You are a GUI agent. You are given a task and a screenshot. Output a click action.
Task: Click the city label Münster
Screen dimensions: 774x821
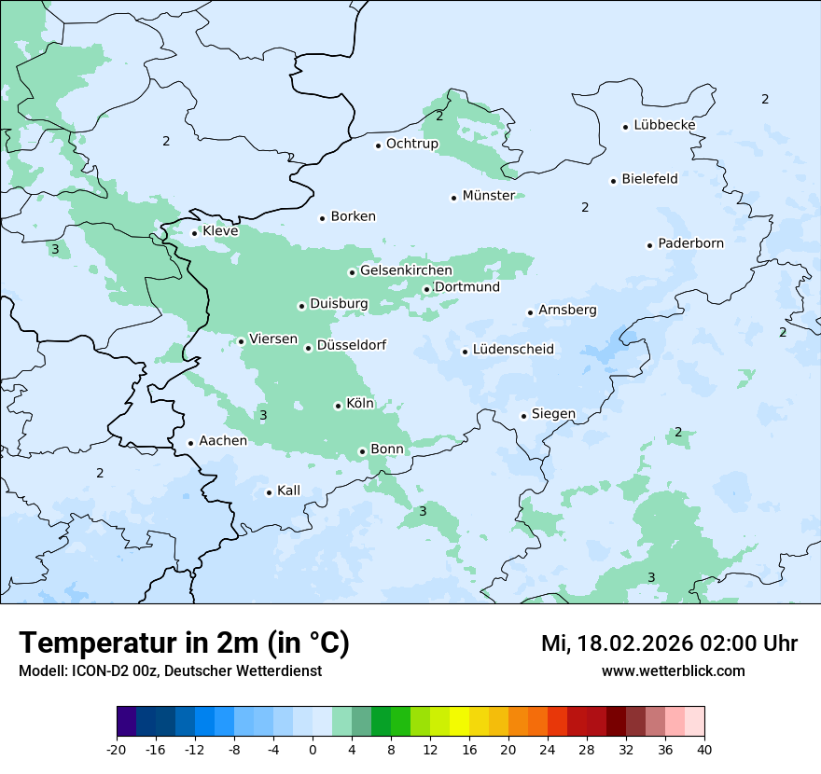[x=488, y=196]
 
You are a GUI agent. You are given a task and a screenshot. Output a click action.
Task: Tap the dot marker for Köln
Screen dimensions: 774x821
[x=338, y=406]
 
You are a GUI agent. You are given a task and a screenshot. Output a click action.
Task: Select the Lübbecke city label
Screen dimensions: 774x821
[x=664, y=125]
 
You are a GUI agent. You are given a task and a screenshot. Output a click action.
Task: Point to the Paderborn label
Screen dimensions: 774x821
[x=690, y=243]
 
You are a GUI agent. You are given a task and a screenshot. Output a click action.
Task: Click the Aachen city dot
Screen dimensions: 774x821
[x=190, y=444]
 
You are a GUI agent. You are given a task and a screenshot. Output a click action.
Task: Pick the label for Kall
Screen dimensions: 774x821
[x=288, y=491]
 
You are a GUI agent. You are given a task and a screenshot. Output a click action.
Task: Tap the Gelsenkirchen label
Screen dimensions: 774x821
[x=406, y=270]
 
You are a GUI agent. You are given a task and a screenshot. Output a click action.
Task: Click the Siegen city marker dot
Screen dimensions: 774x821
[x=524, y=416]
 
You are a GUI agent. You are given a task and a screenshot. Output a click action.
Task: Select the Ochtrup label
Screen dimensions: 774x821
[x=411, y=144]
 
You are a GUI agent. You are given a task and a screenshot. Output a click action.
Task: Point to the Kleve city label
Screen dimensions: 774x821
[x=220, y=231]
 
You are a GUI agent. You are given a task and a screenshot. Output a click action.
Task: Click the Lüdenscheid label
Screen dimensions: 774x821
[x=513, y=350]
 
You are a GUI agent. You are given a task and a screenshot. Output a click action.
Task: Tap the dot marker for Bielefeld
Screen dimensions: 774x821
[x=614, y=181]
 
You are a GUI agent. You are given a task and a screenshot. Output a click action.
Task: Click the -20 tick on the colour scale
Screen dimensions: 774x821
[x=117, y=749]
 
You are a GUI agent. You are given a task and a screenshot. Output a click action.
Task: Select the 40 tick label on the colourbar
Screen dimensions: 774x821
[x=704, y=749]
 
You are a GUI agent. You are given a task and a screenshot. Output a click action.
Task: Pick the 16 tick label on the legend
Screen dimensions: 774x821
[x=469, y=749]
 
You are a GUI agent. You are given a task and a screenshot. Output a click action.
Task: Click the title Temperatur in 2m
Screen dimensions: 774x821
[x=184, y=643]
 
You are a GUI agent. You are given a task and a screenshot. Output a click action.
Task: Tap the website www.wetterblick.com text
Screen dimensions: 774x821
[x=673, y=670]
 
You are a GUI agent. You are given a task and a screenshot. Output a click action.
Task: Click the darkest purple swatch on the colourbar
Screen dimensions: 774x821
[x=126, y=722]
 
